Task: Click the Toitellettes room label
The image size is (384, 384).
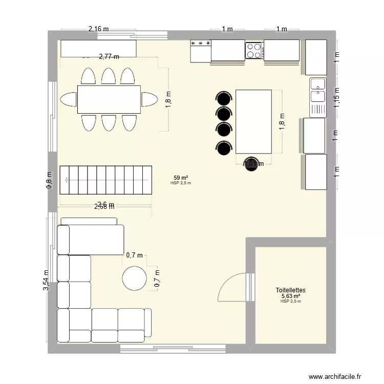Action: [290, 290]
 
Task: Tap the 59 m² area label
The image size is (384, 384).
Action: [181, 177]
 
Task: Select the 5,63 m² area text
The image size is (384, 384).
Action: [290, 296]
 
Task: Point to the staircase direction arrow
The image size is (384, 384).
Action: [67, 180]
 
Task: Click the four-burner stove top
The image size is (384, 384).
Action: [254, 50]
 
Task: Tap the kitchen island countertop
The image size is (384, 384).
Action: [253, 121]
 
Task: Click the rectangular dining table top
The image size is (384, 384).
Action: [109, 99]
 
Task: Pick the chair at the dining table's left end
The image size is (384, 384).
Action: [68, 99]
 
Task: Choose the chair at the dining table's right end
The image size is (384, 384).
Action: [150, 99]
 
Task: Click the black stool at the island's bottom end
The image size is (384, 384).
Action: [251, 164]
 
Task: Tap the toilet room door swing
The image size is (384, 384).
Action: [233, 287]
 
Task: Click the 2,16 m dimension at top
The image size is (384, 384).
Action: [99, 29]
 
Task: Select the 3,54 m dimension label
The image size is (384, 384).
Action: [47, 281]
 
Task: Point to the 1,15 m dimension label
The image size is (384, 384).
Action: [337, 96]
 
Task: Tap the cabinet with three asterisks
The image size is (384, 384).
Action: [201, 51]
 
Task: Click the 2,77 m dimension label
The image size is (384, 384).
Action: [109, 57]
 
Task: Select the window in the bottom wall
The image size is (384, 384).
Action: [173, 349]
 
